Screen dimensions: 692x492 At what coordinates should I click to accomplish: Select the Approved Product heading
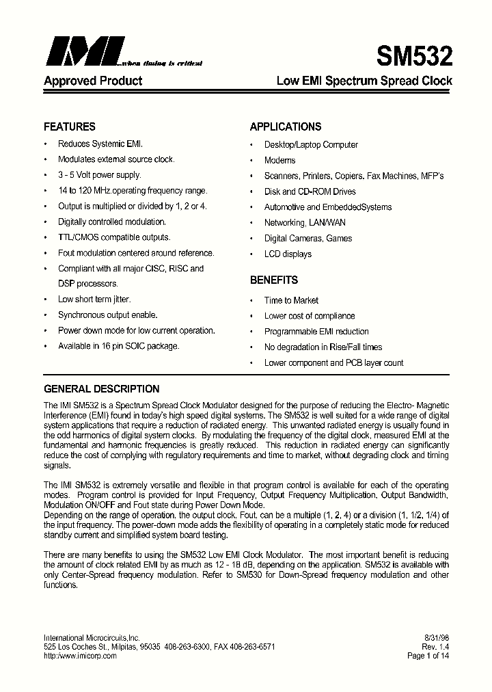[x=93, y=81]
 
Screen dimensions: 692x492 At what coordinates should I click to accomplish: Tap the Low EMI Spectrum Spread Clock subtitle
[x=364, y=81]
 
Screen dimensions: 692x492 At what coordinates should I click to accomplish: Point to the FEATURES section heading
[x=70, y=127]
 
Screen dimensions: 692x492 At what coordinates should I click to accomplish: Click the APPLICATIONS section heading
[x=285, y=127]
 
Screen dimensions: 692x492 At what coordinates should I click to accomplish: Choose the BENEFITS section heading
[x=273, y=280]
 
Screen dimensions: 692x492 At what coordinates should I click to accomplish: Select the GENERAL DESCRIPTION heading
[x=101, y=388]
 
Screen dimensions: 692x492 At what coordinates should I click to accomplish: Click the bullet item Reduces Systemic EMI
[x=100, y=144]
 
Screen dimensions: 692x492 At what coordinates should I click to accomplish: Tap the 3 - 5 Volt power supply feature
[x=99, y=175]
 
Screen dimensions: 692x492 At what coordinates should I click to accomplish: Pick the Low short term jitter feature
[x=94, y=300]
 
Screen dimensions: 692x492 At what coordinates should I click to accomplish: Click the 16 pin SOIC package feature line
[x=119, y=346]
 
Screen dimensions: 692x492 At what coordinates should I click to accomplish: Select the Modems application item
[x=279, y=160]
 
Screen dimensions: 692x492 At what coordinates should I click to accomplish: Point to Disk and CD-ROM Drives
[x=310, y=191]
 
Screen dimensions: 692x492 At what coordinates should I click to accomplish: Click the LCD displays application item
[x=288, y=254]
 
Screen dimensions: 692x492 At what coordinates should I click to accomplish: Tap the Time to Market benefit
[x=291, y=300]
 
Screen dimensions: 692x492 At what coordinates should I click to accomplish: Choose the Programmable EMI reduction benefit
[x=316, y=332]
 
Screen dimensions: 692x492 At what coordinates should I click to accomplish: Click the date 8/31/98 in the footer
[x=436, y=637]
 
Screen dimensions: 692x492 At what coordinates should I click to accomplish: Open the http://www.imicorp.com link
[x=80, y=655]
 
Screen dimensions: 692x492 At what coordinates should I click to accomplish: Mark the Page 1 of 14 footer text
[x=427, y=655]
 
